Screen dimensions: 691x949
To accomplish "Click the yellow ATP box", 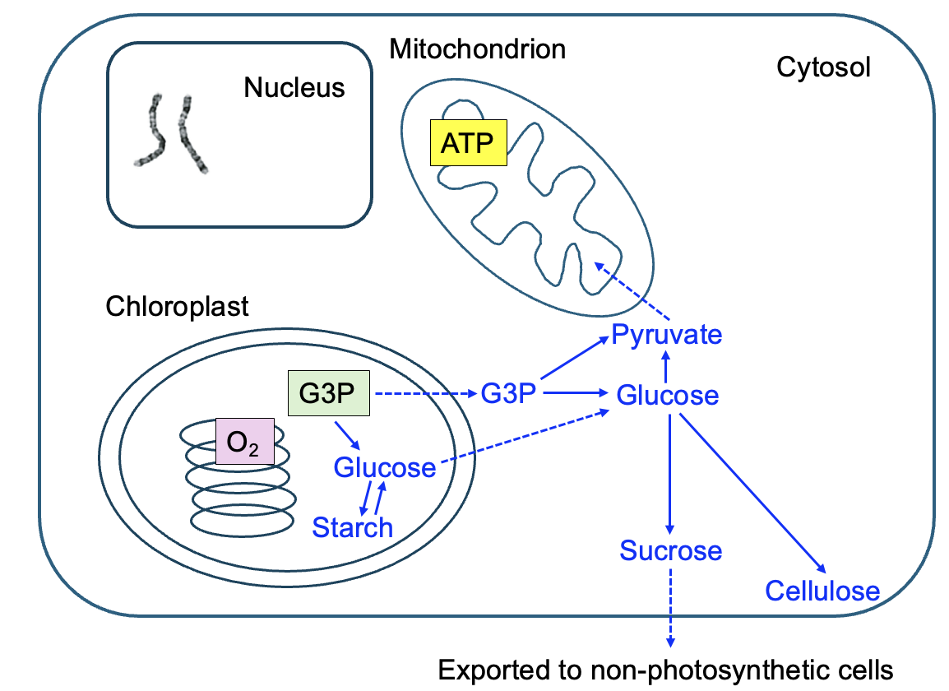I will coord(468,143).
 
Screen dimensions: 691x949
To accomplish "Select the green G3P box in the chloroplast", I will coord(327,393).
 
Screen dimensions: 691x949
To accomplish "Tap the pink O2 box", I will coord(244,442).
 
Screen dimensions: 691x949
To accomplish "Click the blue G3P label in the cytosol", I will coord(508,393).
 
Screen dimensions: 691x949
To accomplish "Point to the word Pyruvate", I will coord(666,336).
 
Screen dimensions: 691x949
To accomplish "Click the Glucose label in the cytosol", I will coord(668,396).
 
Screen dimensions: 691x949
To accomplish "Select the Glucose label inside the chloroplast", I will coord(384,468).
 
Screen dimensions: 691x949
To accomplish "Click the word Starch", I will coord(352,527).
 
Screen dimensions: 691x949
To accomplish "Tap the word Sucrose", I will coord(671,550).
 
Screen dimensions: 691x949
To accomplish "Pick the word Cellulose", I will coord(822,591).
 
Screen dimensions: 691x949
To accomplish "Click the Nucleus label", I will coord(294,87).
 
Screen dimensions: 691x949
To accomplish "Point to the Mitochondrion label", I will coord(477,49).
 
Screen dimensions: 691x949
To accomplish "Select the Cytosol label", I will coord(823,67).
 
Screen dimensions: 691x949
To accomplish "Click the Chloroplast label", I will coord(177,307).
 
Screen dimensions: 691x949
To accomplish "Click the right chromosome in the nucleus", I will coord(193,134).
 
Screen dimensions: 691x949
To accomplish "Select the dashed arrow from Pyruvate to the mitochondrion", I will coord(631,291).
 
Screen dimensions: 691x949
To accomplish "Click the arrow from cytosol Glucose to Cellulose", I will coord(750,494).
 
